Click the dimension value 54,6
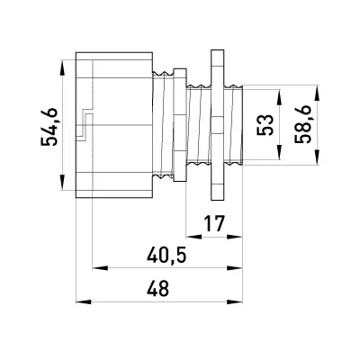coord(49,126)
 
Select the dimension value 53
coord(265,125)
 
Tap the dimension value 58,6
coord(303,125)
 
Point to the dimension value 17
coord(214,224)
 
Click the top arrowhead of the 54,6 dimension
coord(62,67)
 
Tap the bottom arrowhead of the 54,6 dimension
coord(62,183)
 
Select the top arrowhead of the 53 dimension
coord(279,97)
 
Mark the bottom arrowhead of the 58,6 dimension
coord(317,157)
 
